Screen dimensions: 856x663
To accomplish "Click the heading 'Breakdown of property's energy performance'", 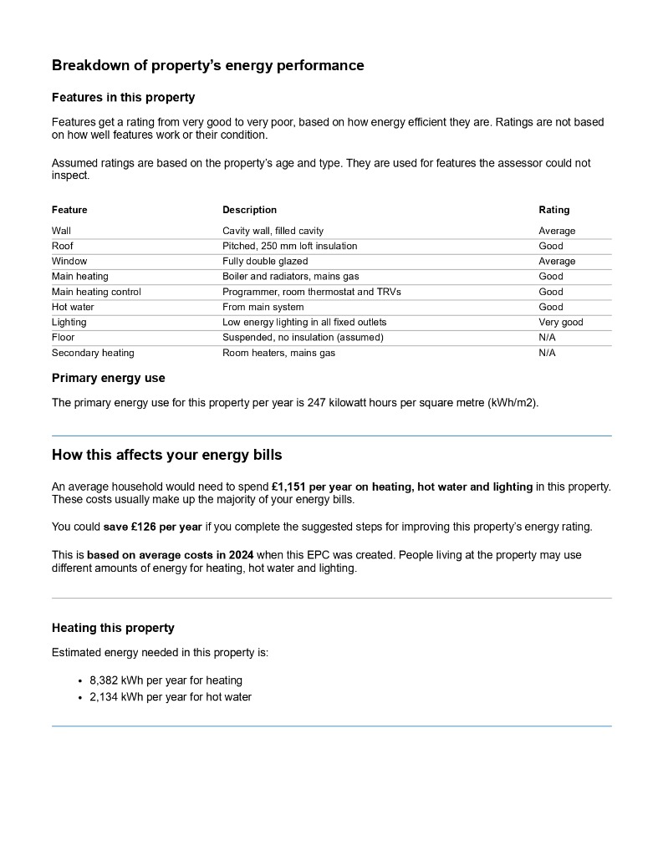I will [207, 65].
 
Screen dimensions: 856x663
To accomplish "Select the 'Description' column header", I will [249, 210].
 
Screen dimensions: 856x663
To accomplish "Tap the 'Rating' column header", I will [553, 210].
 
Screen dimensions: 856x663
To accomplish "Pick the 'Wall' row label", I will [61, 231].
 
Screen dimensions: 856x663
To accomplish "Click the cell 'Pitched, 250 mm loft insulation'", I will [289, 246].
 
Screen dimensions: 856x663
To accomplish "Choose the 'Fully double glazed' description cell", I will [265, 261].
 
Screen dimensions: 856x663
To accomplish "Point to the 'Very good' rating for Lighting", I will [560, 322].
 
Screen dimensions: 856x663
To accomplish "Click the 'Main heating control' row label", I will [96, 292].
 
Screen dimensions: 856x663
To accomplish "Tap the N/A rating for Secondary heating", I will [547, 353].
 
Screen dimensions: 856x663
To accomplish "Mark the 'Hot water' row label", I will [73, 307].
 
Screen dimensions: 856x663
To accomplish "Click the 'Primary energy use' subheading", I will [108, 378].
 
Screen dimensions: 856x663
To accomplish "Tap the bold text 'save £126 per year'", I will [152, 527].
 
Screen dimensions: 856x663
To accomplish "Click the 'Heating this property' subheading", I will [113, 628].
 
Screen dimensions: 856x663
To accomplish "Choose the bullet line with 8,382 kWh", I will [166, 680].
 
